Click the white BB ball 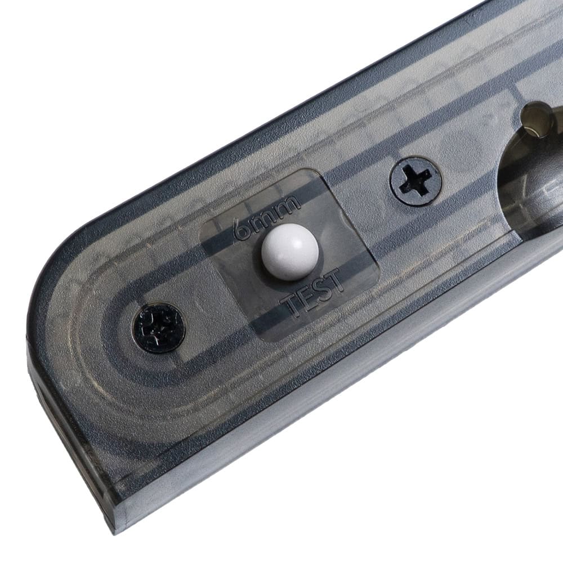(290, 252)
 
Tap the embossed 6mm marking (266, 217)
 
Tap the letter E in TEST (307, 297)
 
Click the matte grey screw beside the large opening (417, 181)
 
